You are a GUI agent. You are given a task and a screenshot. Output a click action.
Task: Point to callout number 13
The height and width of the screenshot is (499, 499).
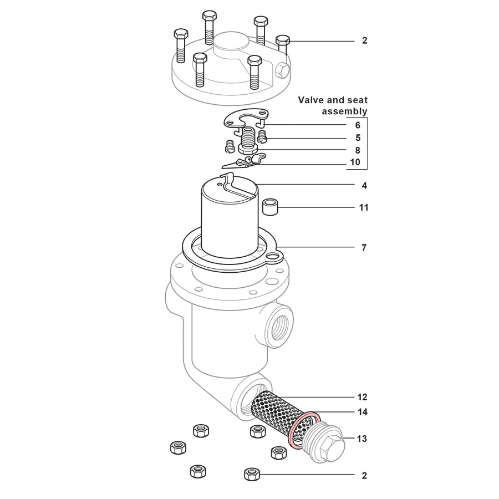[x=361, y=439]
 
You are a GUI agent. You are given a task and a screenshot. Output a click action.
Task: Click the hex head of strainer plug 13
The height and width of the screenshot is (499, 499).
[x=331, y=446]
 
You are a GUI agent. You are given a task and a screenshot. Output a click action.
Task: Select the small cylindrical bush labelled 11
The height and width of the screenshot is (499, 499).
[x=269, y=208]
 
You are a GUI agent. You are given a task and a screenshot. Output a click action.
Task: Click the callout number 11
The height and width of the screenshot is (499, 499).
[x=363, y=207]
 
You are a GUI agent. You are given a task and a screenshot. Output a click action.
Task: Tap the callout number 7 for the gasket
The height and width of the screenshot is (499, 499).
[x=364, y=247]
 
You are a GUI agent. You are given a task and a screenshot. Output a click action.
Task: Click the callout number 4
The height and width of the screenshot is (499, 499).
[x=364, y=185]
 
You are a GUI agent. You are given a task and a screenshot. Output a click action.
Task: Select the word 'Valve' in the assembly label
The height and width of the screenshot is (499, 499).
[x=311, y=100]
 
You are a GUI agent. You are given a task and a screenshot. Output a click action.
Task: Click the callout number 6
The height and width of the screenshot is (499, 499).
[x=358, y=125]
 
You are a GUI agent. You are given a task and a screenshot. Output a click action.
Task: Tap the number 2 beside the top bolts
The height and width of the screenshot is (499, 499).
[x=364, y=40]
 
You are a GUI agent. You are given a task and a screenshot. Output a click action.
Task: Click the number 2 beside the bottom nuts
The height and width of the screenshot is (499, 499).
[x=364, y=475]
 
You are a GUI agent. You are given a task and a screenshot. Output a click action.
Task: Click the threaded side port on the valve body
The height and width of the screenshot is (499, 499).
[x=277, y=327]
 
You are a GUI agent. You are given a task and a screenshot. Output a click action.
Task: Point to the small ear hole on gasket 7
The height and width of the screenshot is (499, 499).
[x=272, y=256]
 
